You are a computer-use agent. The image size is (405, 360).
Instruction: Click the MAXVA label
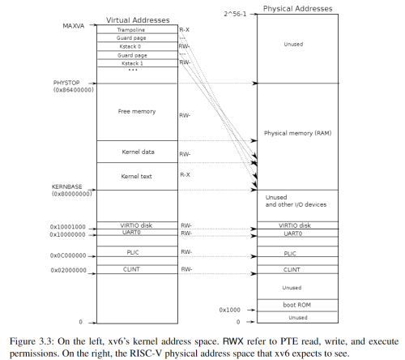click(x=75, y=27)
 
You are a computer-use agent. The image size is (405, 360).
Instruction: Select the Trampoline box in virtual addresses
click(x=136, y=29)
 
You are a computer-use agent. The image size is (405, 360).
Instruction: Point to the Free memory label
click(x=136, y=111)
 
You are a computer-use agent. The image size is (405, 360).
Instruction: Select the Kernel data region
click(x=136, y=152)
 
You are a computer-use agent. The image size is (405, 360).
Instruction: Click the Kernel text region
click(x=136, y=175)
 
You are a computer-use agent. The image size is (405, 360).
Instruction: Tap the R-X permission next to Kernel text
click(x=185, y=174)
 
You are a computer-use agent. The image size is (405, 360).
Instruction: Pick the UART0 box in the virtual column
click(x=136, y=234)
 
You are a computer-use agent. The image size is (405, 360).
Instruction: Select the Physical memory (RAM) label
click(x=297, y=132)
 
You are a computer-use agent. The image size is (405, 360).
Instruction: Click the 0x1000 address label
click(x=231, y=309)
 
